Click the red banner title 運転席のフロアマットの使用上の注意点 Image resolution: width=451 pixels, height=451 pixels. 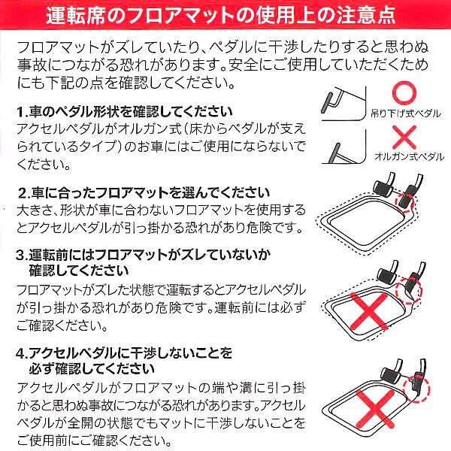click(x=221, y=15)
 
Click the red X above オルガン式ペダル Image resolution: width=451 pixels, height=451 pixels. click(x=404, y=137)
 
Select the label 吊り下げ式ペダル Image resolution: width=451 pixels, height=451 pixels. click(x=406, y=114)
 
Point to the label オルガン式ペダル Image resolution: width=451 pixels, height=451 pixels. click(x=410, y=157)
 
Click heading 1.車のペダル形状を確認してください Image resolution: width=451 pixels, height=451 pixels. click(x=124, y=112)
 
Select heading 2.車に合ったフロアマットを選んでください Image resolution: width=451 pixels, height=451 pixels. click(x=144, y=193)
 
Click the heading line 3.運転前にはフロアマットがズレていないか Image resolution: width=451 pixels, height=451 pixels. click(x=143, y=255)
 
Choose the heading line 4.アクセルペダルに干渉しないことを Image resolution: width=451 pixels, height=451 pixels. click(x=124, y=353)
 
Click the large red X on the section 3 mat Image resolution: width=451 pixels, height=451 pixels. click(x=369, y=312)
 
